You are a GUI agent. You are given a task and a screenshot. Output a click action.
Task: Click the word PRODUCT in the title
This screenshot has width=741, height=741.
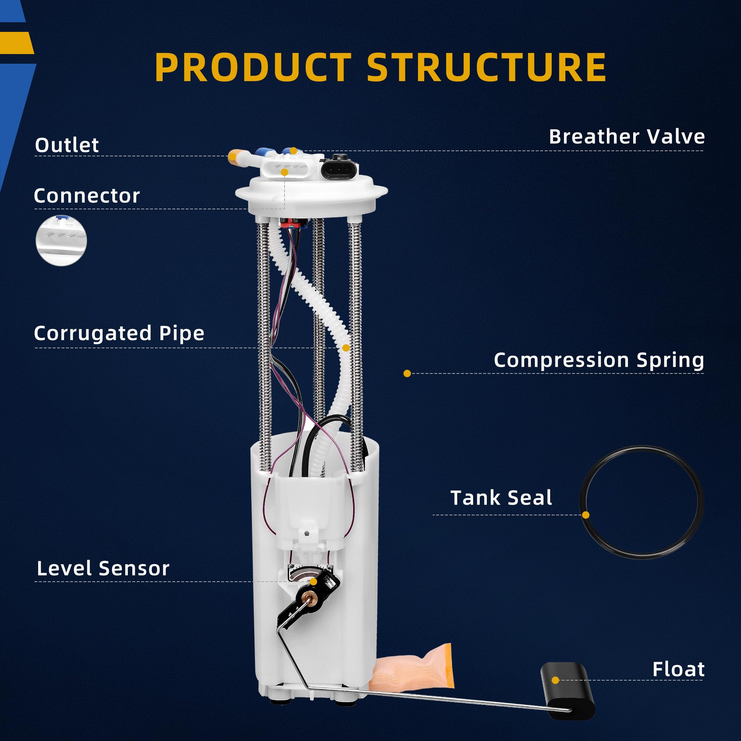[x=253, y=67]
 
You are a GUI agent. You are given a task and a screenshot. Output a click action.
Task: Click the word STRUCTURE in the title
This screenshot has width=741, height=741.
[x=486, y=67]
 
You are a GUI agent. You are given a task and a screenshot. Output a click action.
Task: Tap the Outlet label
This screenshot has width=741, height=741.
[x=67, y=145]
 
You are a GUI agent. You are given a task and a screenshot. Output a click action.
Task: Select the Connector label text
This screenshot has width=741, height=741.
[x=87, y=196]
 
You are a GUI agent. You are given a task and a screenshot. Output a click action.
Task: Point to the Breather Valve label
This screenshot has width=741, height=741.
[x=627, y=137]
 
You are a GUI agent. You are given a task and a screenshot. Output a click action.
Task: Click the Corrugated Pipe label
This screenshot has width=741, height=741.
[x=119, y=333]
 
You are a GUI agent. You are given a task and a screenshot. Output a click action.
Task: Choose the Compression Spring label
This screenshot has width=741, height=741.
[x=599, y=360]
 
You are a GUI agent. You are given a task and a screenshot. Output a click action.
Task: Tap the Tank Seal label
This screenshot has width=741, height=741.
[x=501, y=498]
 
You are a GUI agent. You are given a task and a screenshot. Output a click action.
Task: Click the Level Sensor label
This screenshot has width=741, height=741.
[x=103, y=568]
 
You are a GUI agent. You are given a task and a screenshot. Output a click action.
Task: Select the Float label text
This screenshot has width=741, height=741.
[x=678, y=669]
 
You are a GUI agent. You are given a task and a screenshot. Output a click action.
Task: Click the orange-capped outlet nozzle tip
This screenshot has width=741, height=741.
[x=233, y=156]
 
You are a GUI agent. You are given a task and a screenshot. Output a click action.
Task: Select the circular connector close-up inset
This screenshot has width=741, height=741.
[x=62, y=240]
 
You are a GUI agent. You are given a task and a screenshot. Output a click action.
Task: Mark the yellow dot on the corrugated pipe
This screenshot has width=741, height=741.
[x=346, y=348]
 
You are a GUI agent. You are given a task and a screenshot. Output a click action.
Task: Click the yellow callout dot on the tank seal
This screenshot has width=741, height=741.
[x=586, y=515]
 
